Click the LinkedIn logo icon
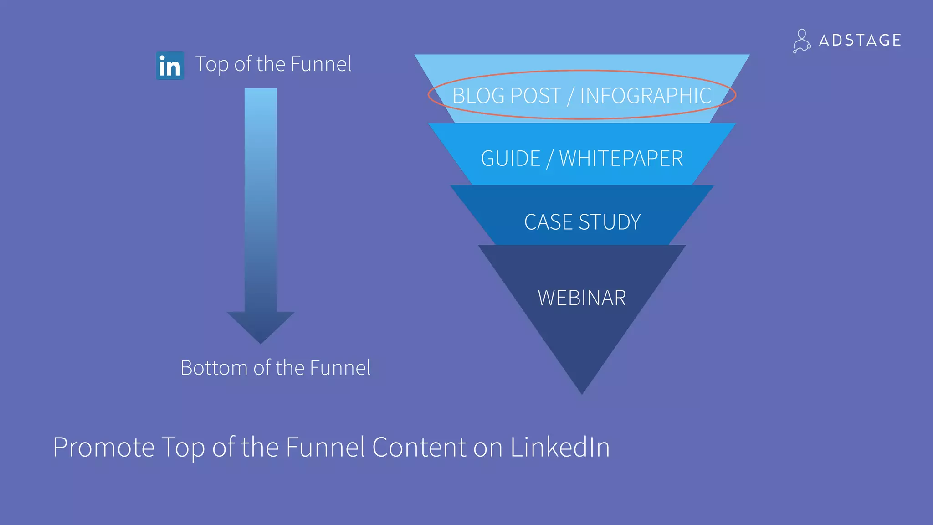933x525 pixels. click(170, 66)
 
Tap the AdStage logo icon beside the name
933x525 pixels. click(801, 41)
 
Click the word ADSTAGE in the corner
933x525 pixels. click(860, 41)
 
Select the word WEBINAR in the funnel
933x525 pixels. click(582, 298)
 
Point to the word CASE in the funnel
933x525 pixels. click(549, 222)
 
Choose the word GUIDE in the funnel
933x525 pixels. click(510, 159)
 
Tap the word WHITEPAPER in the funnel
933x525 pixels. click(621, 159)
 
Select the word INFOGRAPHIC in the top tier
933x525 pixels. click(645, 96)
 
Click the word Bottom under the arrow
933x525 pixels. click(214, 368)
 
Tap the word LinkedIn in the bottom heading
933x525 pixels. click(559, 447)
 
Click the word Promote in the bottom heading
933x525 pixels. click(103, 447)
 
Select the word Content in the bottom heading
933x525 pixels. click(419, 447)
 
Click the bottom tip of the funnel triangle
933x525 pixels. click(582, 392)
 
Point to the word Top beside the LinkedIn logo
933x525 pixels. click(212, 64)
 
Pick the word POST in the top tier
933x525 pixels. click(536, 96)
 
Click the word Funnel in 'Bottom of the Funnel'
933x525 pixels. click(340, 368)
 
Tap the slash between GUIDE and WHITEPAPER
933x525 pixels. click(550, 159)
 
